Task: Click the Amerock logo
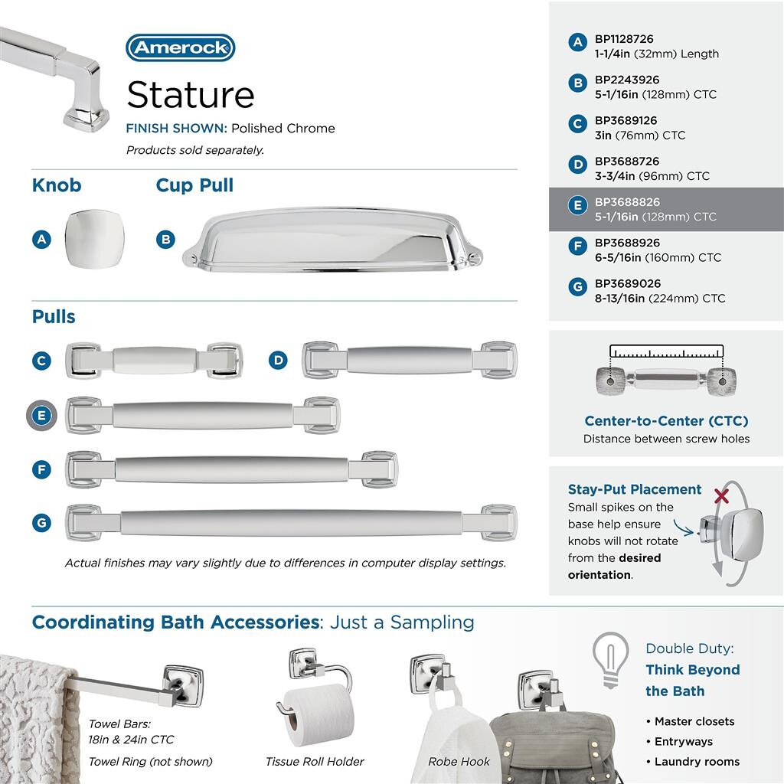click(x=180, y=47)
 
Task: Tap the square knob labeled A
click(x=93, y=239)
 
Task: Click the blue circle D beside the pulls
click(x=278, y=360)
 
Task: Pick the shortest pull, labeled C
click(x=154, y=360)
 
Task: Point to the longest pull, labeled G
click(x=291, y=522)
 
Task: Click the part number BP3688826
click(x=627, y=202)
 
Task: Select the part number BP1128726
click(x=624, y=39)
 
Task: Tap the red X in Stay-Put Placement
click(x=720, y=496)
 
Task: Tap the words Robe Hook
click(x=459, y=762)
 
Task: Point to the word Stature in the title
click(x=191, y=95)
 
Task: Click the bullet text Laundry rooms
click(x=697, y=762)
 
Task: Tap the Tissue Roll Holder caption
click(x=315, y=762)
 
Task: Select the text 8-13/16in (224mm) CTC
click(x=659, y=299)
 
